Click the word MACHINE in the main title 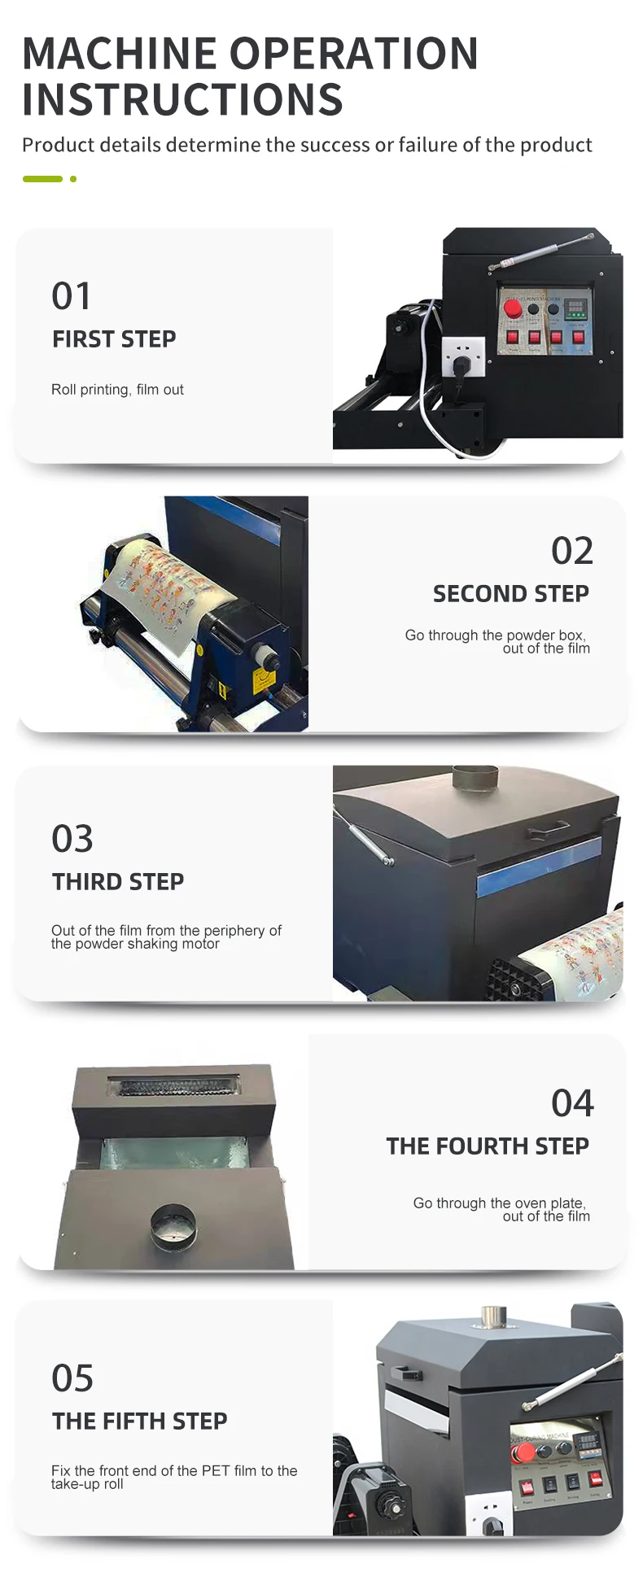pos(121,54)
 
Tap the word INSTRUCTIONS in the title pos(182,100)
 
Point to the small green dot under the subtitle pos(73,179)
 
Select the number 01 pos(71,296)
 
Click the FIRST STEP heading pos(114,339)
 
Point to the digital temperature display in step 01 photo pos(576,309)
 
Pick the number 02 pos(572,551)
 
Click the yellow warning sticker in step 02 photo pos(260,679)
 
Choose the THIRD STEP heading pos(118,882)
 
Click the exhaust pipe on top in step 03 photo pos(475,777)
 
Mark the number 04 pos(572,1103)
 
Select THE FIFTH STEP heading pos(140,1421)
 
